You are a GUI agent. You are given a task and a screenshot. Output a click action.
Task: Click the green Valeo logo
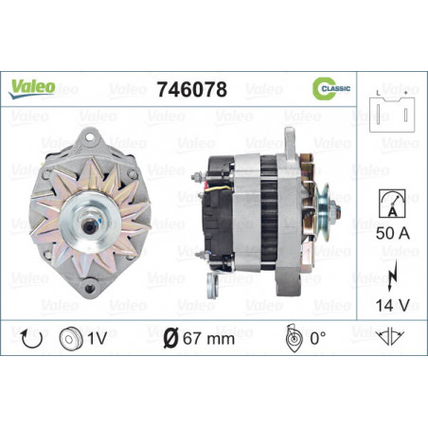coord(31,89)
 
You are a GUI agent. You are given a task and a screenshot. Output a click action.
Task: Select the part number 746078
coord(192,89)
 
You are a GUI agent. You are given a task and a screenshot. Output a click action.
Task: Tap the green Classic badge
coord(331,88)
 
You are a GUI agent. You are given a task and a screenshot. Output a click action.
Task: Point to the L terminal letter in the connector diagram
coord(378,93)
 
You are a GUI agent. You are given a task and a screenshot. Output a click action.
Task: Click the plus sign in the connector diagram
coord(406,93)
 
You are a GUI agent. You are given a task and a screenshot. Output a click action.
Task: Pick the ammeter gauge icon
coord(392,204)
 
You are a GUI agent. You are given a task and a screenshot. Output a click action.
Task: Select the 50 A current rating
coord(393,233)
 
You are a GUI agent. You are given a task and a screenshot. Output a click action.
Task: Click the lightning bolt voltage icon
coord(392,276)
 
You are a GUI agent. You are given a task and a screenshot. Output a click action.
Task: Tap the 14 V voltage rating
coord(392,305)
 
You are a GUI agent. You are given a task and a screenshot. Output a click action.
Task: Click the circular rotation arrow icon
coord(31,339)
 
